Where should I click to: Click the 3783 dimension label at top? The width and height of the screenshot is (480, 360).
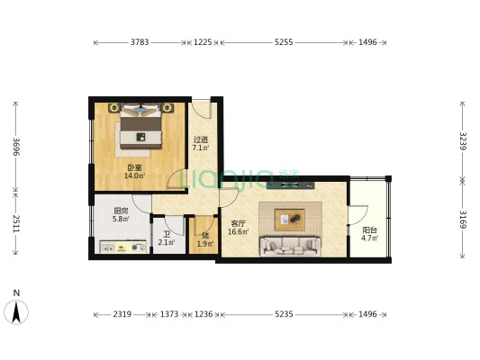click(140, 42)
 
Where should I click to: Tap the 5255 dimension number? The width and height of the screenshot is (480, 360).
click(284, 42)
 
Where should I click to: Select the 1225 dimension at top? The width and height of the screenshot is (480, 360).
click(203, 42)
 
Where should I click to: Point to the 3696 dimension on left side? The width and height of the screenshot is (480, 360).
click(16, 147)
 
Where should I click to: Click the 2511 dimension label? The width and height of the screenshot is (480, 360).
click(16, 223)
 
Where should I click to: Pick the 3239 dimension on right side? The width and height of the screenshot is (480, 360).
click(463, 141)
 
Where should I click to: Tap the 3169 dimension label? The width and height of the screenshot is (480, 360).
click(463, 220)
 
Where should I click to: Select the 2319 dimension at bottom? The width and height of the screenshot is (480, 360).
click(122, 314)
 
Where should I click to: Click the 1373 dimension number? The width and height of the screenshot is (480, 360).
click(169, 314)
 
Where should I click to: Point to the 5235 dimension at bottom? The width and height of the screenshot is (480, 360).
click(284, 314)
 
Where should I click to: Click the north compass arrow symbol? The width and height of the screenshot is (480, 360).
click(16, 312)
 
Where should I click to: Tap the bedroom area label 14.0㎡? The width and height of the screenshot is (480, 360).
click(134, 175)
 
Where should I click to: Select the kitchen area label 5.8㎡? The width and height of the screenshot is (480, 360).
click(121, 219)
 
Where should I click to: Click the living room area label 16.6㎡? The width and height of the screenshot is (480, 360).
click(238, 232)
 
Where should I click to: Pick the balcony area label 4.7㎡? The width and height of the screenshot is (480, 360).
click(369, 238)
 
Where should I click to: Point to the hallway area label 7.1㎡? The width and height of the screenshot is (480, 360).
click(201, 148)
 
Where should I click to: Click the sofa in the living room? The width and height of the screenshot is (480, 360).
click(290, 246)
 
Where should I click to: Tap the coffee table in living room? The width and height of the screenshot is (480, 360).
click(290, 220)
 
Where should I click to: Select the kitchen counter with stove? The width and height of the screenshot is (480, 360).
click(123, 247)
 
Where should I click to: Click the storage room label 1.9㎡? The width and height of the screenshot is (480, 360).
click(205, 244)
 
